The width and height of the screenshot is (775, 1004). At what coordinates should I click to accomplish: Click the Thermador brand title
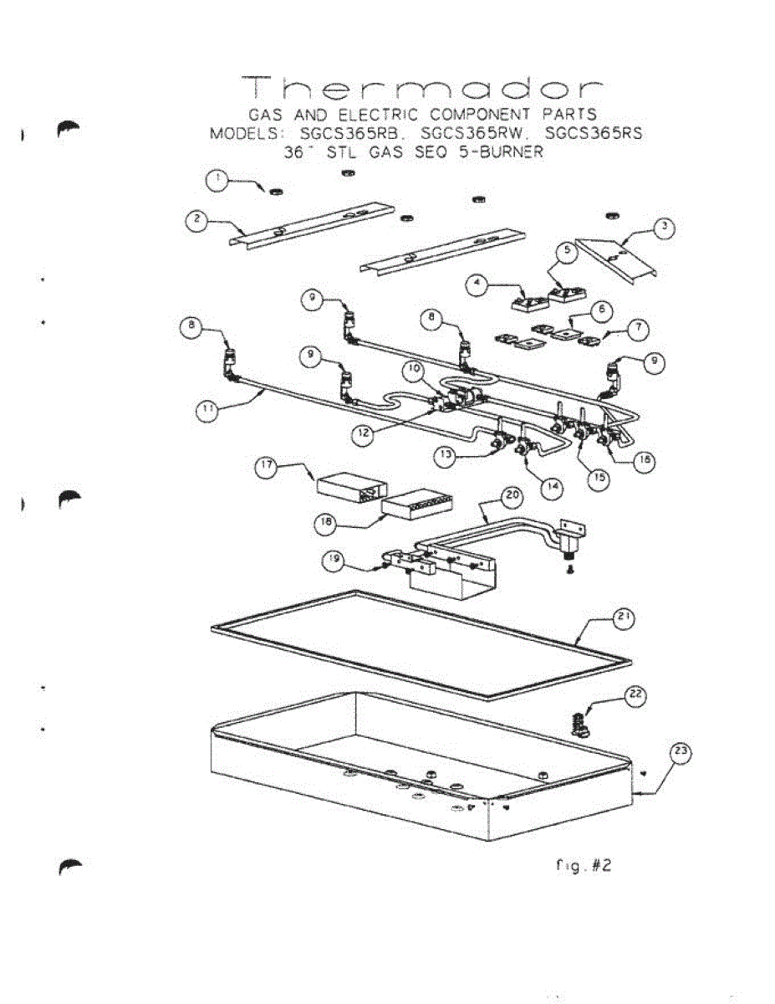point(423,89)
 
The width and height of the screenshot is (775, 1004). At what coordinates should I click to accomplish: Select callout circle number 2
point(196,219)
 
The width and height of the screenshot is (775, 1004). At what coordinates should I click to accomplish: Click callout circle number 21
point(624,619)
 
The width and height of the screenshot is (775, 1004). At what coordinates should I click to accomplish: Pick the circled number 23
point(681,752)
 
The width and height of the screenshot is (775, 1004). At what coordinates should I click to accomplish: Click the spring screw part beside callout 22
point(577,722)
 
